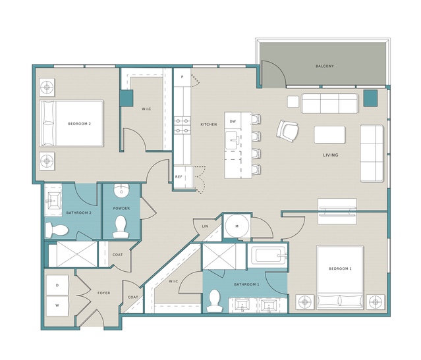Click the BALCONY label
pyautogui.click(x=324, y=66)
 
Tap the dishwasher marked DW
pyautogui.click(x=233, y=121)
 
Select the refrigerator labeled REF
pyautogui.click(x=183, y=177)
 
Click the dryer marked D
pyautogui.click(x=57, y=285)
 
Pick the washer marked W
pyautogui.click(x=57, y=305)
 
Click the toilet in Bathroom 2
pyautogui.click(x=56, y=230)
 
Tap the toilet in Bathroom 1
pyautogui.click(x=215, y=301)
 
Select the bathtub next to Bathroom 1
pyautogui.click(x=267, y=255)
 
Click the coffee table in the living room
pyautogui.click(x=329, y=135)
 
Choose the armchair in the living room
pyautogui.click(x=287, y=131)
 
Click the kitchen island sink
pyautogui.click(x=233, y=140)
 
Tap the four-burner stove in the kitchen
pyautogui.click(x=182, y=126)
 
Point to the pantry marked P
pyautogui.click(x=182, y=77)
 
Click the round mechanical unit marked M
pyautogui.click(x=237, y=226)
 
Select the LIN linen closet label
pyautogui.click(x=205, y=226)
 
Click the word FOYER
pyautogui.click(x=103, y=293)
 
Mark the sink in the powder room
pyautogui.click(x=121, y=190)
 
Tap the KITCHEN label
pyautogui.click(x=209, y=124)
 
